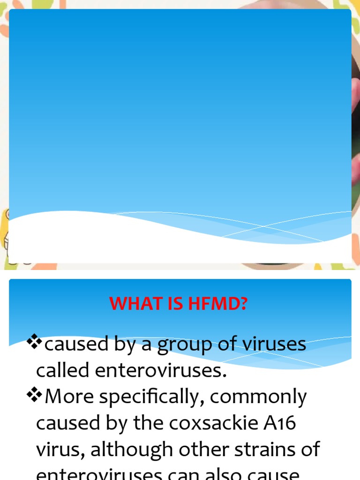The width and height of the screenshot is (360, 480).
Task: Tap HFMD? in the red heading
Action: click(x=217, y=304)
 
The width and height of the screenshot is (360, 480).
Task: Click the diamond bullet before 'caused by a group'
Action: click(x=35, y=343)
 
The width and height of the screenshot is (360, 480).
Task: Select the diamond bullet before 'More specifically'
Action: click(x=35, y=396)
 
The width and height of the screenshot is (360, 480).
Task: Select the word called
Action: click(x=63, y=370)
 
